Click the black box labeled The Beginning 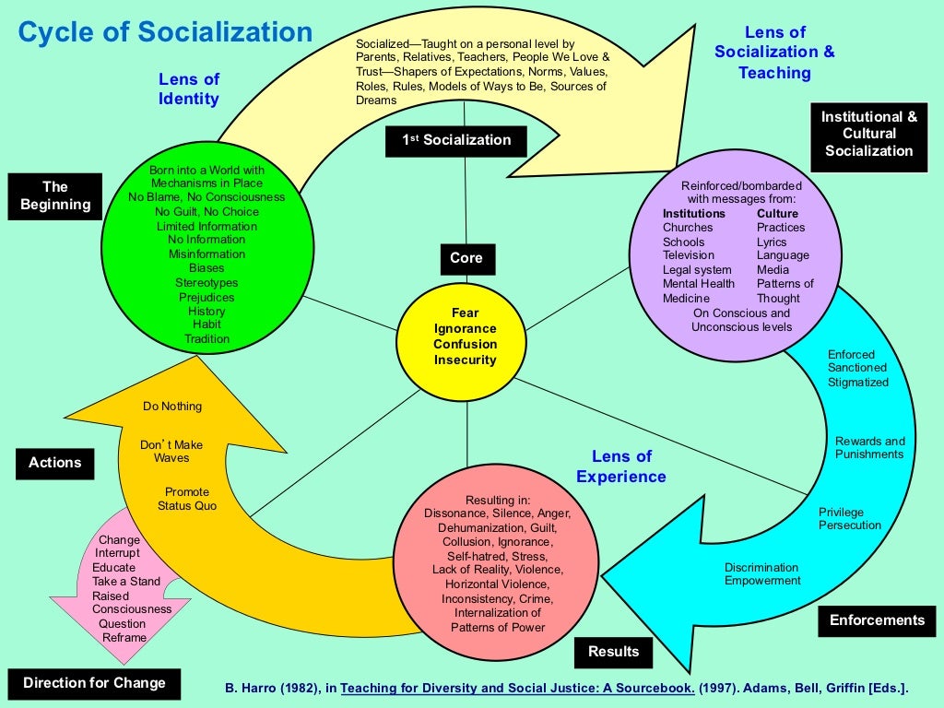55,195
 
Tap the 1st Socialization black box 455,140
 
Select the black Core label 466,258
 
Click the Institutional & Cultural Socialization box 869,134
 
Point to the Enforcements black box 877,620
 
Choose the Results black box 613,652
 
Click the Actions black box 54,463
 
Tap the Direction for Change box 94,683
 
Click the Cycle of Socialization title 166,33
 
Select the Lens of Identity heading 189,88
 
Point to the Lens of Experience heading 621,466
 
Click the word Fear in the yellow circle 466,313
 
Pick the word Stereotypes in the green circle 206,283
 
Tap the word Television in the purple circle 689,255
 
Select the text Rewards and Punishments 870,447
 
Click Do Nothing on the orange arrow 172,407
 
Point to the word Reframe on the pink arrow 124,637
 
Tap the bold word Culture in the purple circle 777,214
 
